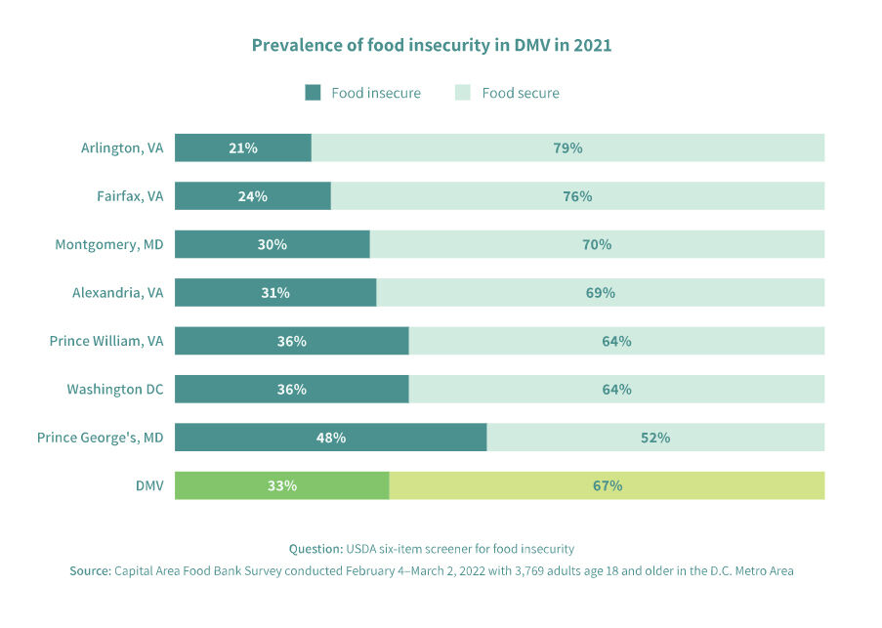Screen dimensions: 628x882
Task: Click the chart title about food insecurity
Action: tap(431, 45)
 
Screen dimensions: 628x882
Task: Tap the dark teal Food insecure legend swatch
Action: tap(313, 93)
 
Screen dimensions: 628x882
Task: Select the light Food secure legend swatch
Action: tap(463, 93)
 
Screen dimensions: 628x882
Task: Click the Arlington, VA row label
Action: tap(122, 147)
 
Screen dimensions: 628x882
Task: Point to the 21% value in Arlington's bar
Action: tap(243, 147)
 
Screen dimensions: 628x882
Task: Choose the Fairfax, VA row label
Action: tap(130, 196)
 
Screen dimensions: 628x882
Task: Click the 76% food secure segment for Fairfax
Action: tap(577, 196)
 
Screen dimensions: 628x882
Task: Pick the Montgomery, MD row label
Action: tap(109, 244)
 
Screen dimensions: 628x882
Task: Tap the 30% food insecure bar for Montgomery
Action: tap(273, 244)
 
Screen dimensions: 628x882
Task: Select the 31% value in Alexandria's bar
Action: tap(275, 292)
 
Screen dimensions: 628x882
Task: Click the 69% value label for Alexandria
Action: tap(601, 292)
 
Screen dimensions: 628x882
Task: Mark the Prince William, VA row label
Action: tap(106, 341)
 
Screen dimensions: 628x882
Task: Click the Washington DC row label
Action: tap(115, 389)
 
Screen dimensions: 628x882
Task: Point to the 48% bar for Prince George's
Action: tap(330, 438)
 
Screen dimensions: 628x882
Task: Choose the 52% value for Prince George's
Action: tap(655, 438)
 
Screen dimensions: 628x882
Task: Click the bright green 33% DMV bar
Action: tap(281, 485)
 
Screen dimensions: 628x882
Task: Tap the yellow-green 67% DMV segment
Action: tap(607, 485)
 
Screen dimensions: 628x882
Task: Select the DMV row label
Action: tap(149, 485)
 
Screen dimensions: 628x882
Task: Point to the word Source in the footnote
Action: tap(90, 571)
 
